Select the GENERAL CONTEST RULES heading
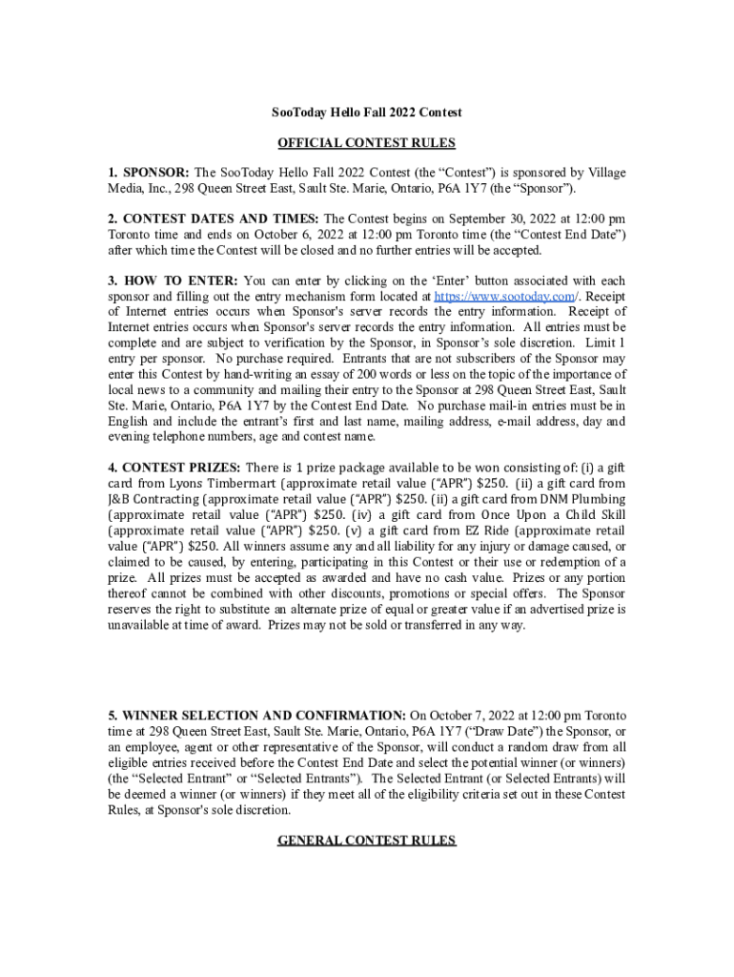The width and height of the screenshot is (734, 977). [366, 841]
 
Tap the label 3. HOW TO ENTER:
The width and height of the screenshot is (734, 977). [173, 281]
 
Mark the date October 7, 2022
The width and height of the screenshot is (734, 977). [451, 716]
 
